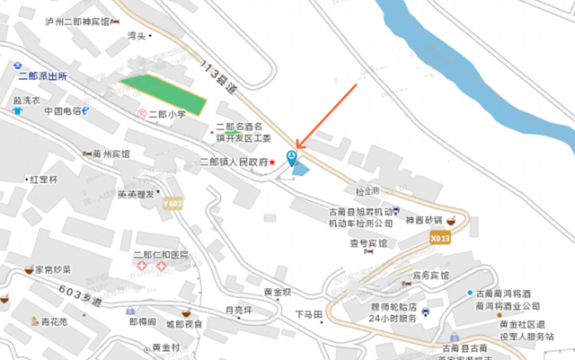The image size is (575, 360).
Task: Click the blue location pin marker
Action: pyautogui.click(x=290, y=159)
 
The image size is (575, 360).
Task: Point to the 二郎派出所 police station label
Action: pyautogui.click(x=42, y=77)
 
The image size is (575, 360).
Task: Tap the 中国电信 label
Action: pyautogui.click(x=63, y=111)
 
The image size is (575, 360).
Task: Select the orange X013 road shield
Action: pyautogui.click(x=439, y=239)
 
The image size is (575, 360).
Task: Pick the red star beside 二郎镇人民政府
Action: pyautogui.click(x=272, y=162)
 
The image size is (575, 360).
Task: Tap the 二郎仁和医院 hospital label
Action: pyautogui.click(x=161, y=255)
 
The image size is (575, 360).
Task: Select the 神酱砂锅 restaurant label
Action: pyautogui.click(x=424, y=220)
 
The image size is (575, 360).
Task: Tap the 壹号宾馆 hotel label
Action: pyautogui.click(x=368, y=243)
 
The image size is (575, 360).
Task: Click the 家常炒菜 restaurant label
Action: pyautogui.click(x=53, y=269)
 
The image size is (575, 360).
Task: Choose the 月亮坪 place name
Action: pyautogui.click(x=239, y=311)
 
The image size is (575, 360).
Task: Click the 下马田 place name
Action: pyautogui.click(x=309, y=314)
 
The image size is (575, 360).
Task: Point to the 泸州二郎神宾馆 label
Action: pyautogui.click(x=83, y=21)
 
